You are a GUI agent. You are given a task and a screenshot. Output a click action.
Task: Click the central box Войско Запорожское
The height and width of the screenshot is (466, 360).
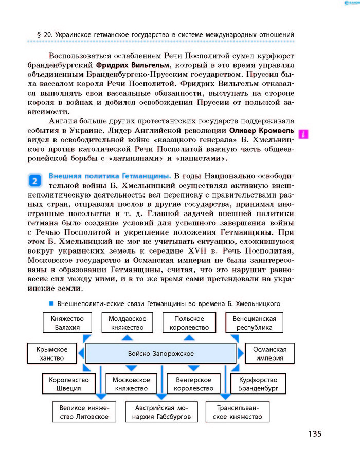tap(160, 354)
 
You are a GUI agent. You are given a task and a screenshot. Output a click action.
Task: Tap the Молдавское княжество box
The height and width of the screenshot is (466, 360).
tap(127, 323)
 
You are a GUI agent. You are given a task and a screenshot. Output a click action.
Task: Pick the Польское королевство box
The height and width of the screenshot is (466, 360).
tap(191, 323)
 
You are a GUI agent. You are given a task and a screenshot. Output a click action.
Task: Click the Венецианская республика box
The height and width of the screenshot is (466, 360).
tap(254, 323)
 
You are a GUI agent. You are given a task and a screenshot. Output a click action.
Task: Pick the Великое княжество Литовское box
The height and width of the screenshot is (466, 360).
tap(84, 412)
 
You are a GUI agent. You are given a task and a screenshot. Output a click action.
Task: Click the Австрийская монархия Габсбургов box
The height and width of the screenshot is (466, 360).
tap(161, 412)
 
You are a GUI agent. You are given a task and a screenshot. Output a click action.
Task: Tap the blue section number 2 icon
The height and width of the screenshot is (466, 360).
tap(34, 181)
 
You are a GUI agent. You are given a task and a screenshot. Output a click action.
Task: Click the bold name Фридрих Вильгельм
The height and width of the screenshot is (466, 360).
tap(133, 66)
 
